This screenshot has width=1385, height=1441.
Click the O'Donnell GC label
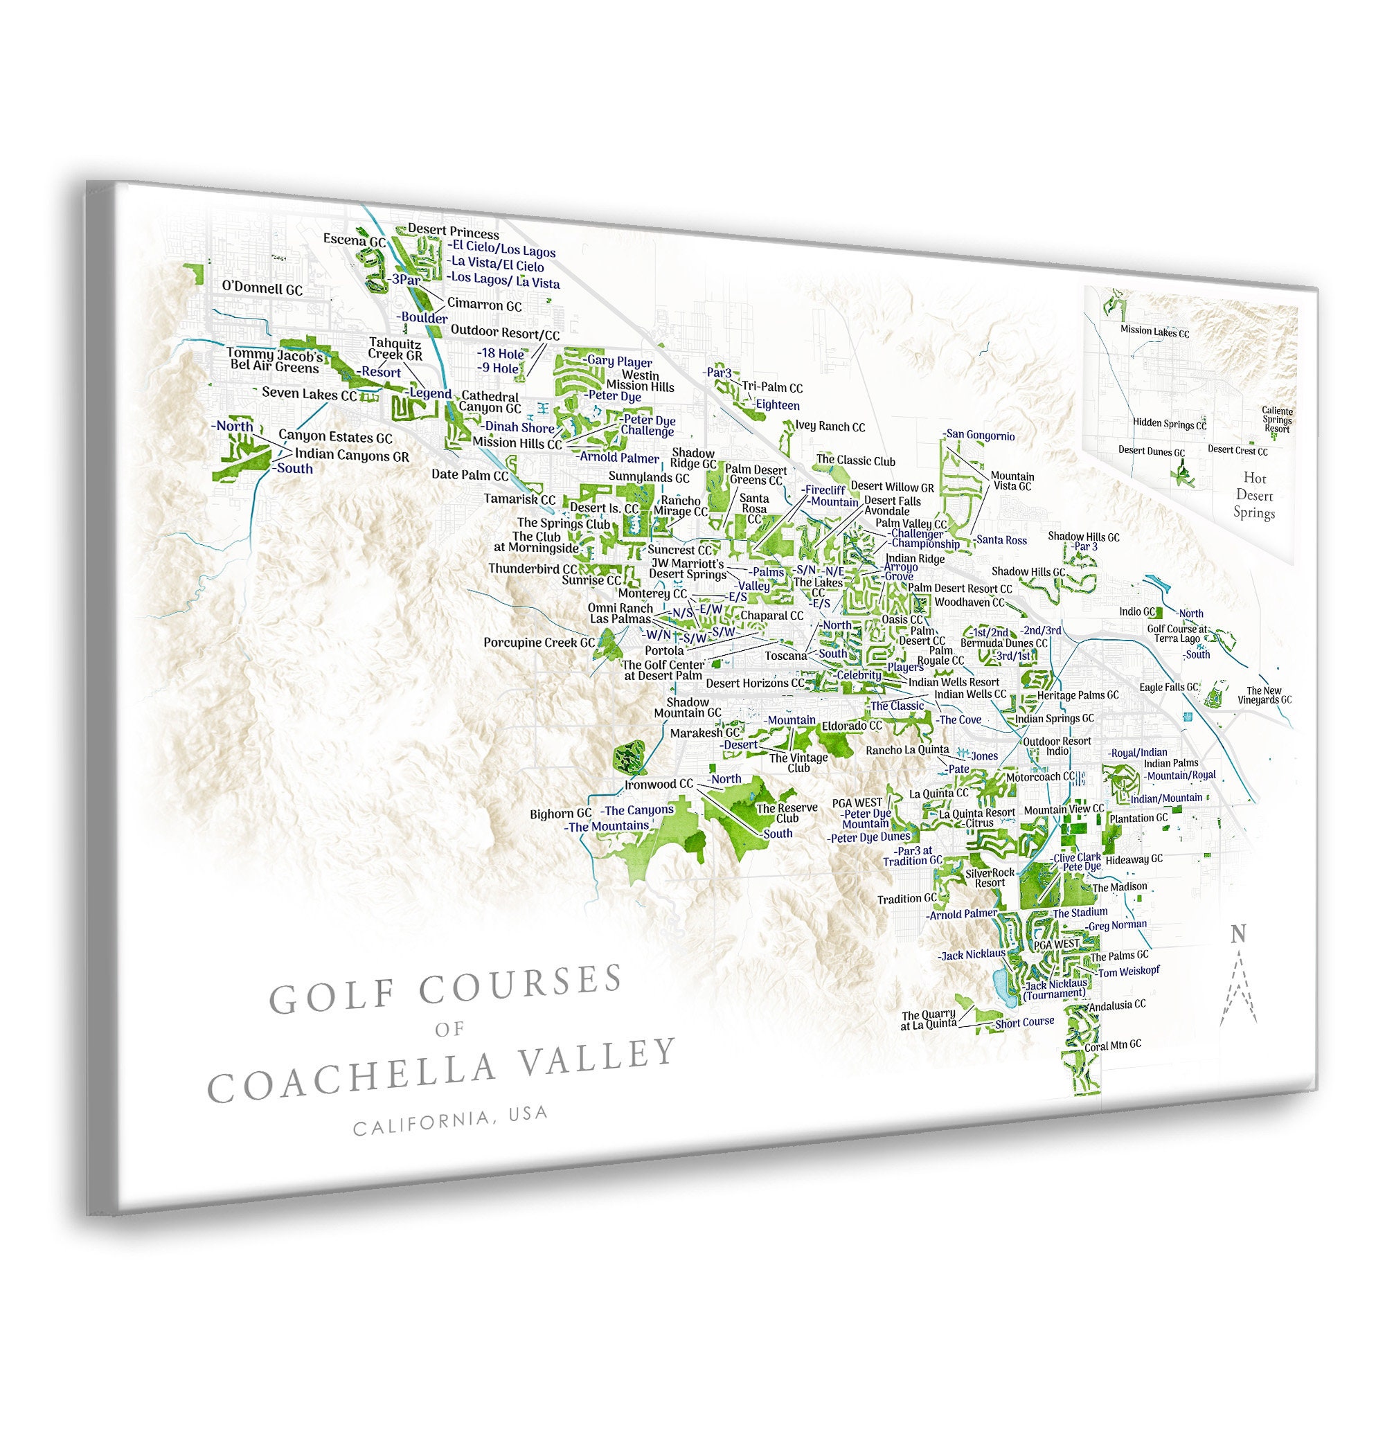pos(262,288)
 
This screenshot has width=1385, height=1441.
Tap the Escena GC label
pos(355,240)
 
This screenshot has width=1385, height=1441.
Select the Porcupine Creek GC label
pos(539,643)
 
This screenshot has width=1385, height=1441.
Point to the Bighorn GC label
pos(560,814)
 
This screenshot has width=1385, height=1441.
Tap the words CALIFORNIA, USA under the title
pos(451,1122)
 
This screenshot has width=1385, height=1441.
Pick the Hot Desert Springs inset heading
pos(1254,496)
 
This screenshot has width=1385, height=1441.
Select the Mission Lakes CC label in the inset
pos(1154,332)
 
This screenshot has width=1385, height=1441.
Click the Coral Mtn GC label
pos(1113,1045)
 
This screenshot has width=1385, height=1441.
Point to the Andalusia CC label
pos(1118,1004)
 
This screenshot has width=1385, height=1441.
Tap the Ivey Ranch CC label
pos(830,427)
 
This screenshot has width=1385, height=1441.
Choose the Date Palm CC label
pos(470,475)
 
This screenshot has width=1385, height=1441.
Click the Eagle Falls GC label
pos(1169,688)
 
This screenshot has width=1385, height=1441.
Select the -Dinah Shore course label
pos(518,427)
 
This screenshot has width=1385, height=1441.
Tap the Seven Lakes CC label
pos(309,394)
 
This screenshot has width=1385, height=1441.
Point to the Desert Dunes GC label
pos(1151,451)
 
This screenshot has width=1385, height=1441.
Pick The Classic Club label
pos(856,461)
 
